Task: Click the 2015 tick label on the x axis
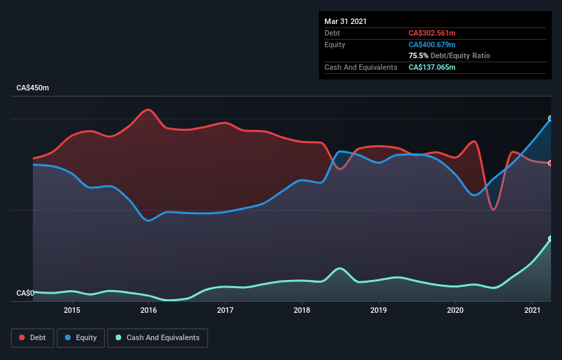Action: [72, 310]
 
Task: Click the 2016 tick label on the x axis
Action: [149, 310]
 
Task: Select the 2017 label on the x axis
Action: [225, 310]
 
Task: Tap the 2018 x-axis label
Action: [302, 310]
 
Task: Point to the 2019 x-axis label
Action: [379, 310]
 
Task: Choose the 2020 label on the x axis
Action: [455, 310]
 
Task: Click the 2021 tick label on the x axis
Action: [532, 310]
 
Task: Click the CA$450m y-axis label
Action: [33, 88]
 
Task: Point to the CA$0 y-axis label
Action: [25, 294]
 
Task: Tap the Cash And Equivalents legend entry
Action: [157, 337]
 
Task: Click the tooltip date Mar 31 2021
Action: [346, 21]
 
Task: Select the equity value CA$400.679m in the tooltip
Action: [432, 44]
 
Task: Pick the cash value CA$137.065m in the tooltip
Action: [432, 67]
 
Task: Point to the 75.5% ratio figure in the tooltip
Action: [418, 55]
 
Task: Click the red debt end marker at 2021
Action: [550, 163]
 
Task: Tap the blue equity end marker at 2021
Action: [550, 118]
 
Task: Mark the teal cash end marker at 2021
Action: [550, 239]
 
